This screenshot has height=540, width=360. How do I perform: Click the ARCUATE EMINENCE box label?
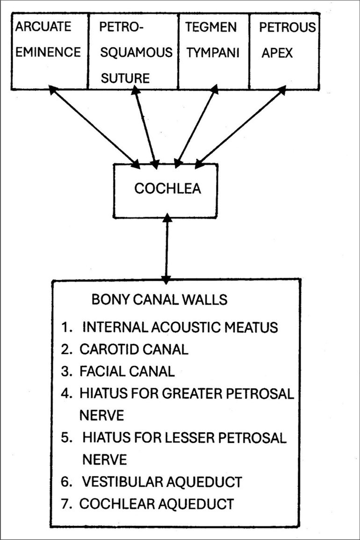[x=48, y=39]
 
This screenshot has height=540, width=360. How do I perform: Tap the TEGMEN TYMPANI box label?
[x=212, y=39]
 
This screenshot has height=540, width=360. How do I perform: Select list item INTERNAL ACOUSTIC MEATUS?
[x=180, y=327]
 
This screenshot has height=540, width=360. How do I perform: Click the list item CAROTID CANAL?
[x=135, y=349]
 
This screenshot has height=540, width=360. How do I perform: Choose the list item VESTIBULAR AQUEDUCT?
[x=162, y=482]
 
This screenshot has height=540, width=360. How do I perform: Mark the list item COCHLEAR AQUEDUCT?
[x=156, y=504]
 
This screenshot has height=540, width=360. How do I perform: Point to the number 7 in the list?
[x=65, y=504]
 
